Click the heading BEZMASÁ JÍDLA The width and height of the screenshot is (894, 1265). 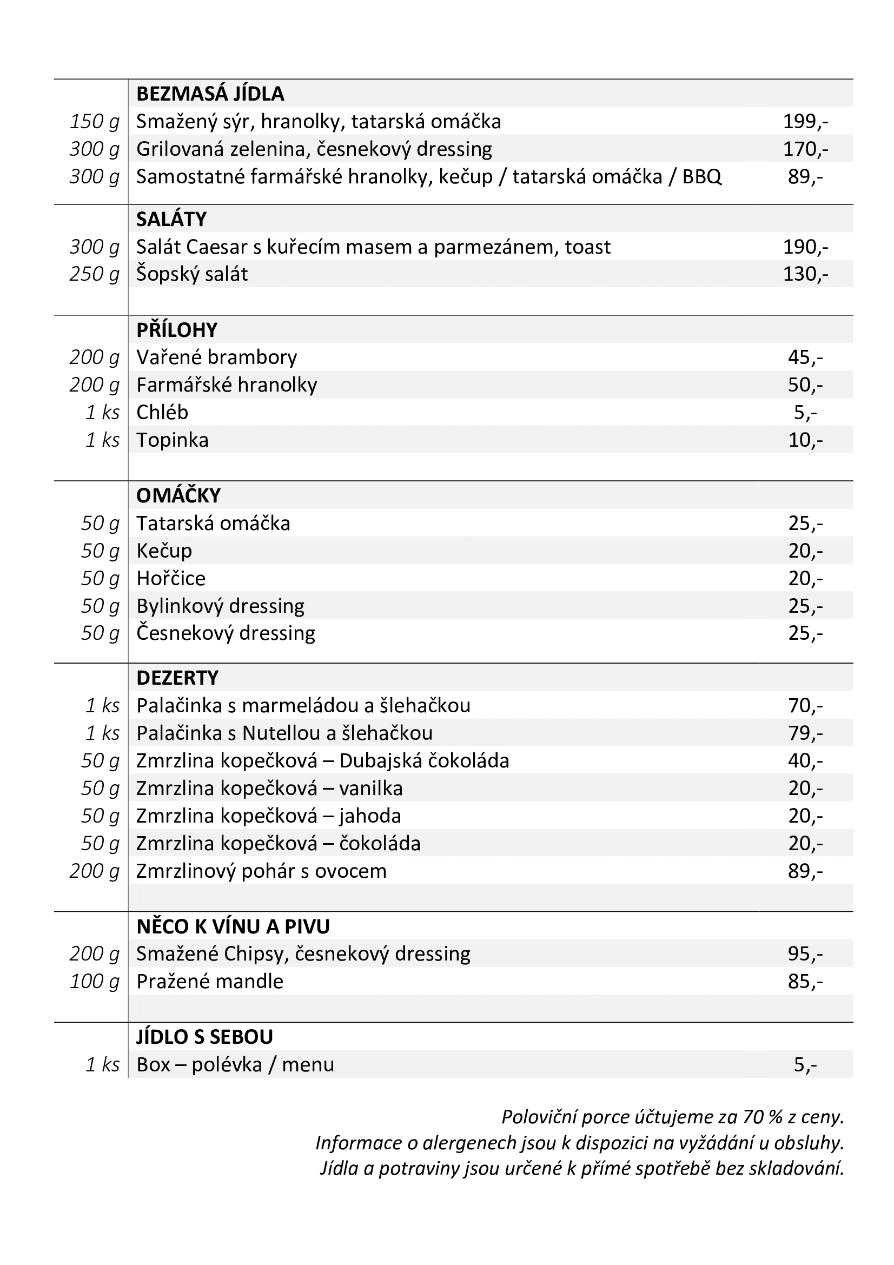click(x=210, y=94)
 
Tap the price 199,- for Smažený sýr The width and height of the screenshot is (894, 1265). click(x=805, y=122)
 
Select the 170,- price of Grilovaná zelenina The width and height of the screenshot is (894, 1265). click(x=805, y=149)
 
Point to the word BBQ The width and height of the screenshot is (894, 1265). click(x=701, y=177)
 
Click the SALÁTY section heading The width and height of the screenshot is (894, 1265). click(x=171, y=220)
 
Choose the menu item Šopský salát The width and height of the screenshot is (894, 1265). click(x=191, y=274)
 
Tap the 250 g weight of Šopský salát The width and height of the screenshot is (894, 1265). click(x=94, y=274)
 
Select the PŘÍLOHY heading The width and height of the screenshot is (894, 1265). click(x=177, y=330)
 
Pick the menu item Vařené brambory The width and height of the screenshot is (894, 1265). click(x=216, y=358)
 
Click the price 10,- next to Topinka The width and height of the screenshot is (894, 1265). click(x=805, y=441)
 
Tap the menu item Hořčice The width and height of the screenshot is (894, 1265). click(x=171, y=579)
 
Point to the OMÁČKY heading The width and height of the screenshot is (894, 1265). click(x=178, y=496)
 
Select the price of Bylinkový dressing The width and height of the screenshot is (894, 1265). click(x=805, y=607)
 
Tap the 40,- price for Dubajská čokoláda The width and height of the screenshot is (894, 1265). click(x=805, y=761)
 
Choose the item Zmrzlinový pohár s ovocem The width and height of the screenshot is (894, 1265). click(x=261, y=872)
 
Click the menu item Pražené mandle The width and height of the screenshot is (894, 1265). click(x=209, y=982)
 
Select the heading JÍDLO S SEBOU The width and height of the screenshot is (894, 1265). click(x=204, y=1037)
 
